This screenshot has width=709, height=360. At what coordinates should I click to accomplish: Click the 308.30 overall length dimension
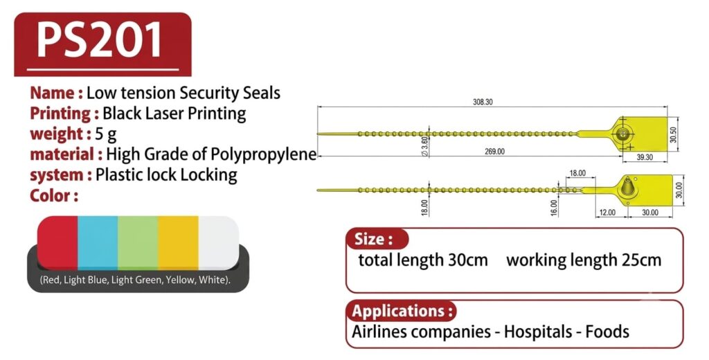coord(483,102)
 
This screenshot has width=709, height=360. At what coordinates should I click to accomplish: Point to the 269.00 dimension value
coord(494,152)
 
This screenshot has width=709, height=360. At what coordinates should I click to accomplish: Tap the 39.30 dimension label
coord(645,157)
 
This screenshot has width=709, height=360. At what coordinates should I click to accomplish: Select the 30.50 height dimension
coord(674,134)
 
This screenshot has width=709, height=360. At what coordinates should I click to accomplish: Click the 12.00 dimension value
coord(607,212)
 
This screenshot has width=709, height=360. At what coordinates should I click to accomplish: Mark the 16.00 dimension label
coord(555,208)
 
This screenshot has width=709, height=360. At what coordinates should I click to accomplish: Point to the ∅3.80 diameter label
coord(424,146)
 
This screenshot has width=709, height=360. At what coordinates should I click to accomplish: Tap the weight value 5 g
coord(106,134)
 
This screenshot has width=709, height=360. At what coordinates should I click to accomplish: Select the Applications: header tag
coord(402,311)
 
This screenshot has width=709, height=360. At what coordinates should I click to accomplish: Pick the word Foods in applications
coord(607,332)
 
